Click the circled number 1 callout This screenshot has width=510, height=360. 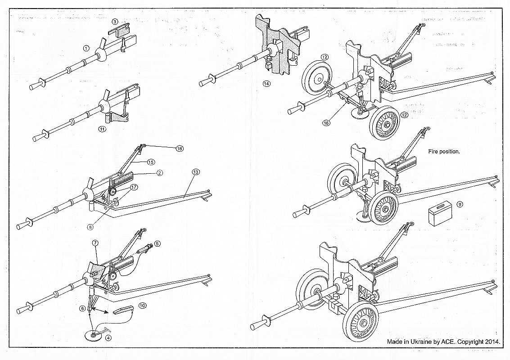(86, 48)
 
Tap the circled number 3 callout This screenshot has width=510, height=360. (115, 21)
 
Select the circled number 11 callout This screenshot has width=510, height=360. (103, 129)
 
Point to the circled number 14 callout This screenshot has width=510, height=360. (266, 84)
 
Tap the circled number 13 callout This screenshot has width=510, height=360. (195, 172)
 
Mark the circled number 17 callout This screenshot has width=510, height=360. (134, 187)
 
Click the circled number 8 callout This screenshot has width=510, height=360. (90, 227)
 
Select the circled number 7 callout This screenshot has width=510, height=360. (95, 243)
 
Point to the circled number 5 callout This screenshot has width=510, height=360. (157, 243)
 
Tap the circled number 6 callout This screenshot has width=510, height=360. (82, 308)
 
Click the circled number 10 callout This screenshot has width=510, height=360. (143, 305)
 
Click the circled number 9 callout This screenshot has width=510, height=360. (459, 204)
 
